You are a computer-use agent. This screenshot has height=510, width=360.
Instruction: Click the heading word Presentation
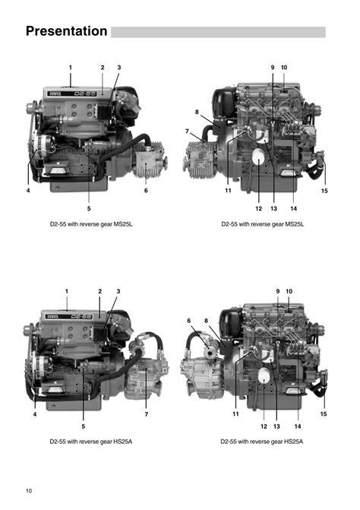pos(66,31)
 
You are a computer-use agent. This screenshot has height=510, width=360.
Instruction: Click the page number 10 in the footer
pos(29,491)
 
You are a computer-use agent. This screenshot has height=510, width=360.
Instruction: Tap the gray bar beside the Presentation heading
pos(218,32)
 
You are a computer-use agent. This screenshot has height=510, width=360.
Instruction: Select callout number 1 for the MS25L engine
pos(70,68)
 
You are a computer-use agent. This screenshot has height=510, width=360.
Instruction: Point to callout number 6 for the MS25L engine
pos(146,190)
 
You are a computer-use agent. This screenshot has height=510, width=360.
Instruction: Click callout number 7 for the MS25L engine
pos(187,131)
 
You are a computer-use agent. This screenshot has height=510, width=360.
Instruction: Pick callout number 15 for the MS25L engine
pos(324,191)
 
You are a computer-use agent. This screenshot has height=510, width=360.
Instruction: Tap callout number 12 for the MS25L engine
pos(259,208)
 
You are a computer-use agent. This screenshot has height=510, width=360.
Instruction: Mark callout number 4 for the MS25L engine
pos(28,190)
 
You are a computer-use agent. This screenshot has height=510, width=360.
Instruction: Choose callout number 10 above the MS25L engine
pos(284,68)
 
